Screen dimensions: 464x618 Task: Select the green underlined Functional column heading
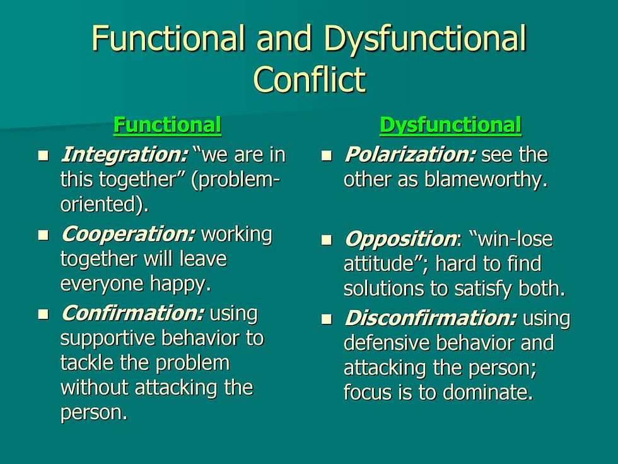(x=167, y=125)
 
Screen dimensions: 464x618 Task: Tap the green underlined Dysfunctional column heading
(x=450, y=125)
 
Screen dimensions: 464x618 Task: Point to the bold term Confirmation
(x=132, y=313)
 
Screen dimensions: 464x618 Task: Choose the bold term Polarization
(x=409, y=155)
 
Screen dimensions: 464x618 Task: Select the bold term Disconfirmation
(x=430, y=319)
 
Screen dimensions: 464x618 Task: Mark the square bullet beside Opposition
(x=326, y=241)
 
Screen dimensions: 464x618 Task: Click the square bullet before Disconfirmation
(x=326, y=320)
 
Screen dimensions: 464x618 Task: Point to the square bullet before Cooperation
(x=43, y=235)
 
